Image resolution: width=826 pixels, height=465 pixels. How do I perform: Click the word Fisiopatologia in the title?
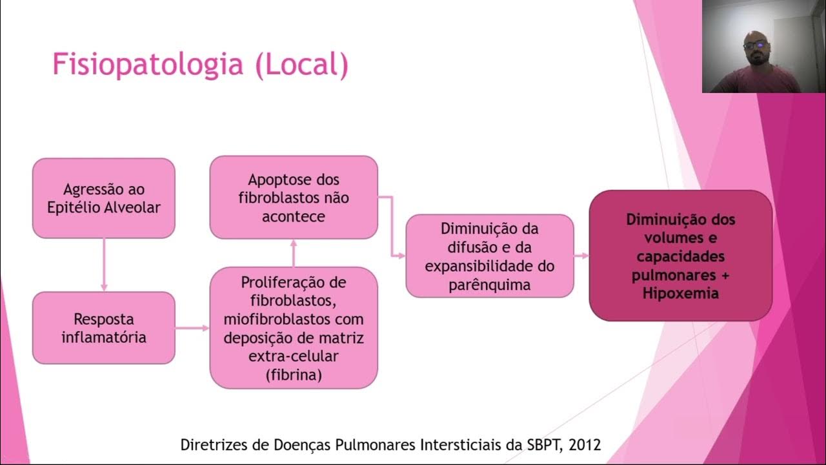pyautogui.click(x=147, y=65)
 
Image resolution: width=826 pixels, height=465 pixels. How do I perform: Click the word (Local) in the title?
pyautogui.click(x=301, y=65)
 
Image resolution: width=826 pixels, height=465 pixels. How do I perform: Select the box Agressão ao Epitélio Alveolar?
pyautogui.click(x=104, y=198)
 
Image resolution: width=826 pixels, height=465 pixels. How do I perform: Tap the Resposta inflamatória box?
pyautogui.click(x=104, y=327)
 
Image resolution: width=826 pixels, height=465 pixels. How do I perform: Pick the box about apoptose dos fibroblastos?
pyautogui.click(x=294, y=198)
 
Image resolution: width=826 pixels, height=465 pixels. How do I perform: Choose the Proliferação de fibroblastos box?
pyautogui.click(x=294, y=328)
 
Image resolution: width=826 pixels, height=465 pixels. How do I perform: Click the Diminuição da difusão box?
pyautogui.click(x=490, y=256)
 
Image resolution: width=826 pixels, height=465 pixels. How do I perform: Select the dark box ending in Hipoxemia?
pyautogui.click(x=681, y=256)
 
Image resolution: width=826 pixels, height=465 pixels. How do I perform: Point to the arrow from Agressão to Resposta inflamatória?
pyautogui.click(x=104, y=265)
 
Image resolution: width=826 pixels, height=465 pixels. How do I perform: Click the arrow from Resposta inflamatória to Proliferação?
pyautogui.click(x=192, y=328)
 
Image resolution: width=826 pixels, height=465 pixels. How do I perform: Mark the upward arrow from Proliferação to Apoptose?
pyautogui.click(x=294, y=253)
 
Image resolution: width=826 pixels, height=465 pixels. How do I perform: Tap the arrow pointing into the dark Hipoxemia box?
pyautogui.click(x=581, y=256)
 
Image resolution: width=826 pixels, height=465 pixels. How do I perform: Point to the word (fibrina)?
pyautogui.click(x=294, y=375)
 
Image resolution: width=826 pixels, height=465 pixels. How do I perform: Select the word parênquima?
pyautogui.click(x=490, y=285)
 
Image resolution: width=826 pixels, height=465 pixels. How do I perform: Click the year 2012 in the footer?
pyautogui.click(x=583, y=445)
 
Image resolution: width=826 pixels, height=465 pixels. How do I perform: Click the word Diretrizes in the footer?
pyautogui.click(x=213, y=445)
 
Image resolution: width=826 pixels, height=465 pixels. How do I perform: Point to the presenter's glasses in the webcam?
pyautogui.click(x=755, y=45)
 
